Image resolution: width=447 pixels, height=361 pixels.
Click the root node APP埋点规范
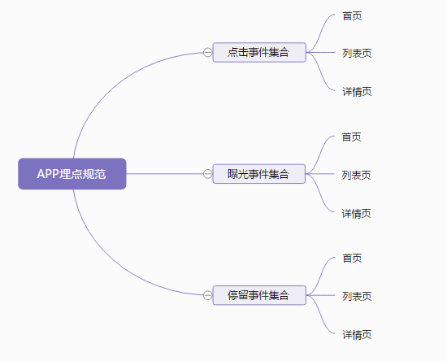[72, 174]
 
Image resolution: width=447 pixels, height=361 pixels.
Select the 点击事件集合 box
[259, 53]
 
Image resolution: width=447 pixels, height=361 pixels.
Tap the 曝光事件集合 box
[259, 174]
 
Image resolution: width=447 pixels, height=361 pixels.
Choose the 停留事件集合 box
[259, 295]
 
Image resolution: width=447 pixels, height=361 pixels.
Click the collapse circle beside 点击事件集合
[208, 53]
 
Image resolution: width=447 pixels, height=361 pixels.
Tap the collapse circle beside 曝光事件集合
[208, 174]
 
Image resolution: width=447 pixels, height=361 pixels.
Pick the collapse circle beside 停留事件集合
[208, 295]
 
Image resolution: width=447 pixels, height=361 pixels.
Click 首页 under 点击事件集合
[352, 15]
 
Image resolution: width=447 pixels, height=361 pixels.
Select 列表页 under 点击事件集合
[357, 54]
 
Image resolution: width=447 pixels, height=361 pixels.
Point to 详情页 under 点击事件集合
[357, 92]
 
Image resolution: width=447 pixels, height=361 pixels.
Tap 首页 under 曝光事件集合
[351, 137]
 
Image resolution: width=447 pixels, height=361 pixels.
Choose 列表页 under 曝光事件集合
[356, 175]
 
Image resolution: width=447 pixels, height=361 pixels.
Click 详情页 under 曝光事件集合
[356, 214]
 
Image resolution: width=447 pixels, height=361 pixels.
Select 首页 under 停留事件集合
[352, 259]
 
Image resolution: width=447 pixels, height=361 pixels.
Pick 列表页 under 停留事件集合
[357, 296]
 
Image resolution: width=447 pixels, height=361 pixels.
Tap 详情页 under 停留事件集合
[357, 335]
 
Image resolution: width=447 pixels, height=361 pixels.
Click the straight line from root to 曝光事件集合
[165, 174]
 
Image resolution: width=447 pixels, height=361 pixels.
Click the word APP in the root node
[48, 174]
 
